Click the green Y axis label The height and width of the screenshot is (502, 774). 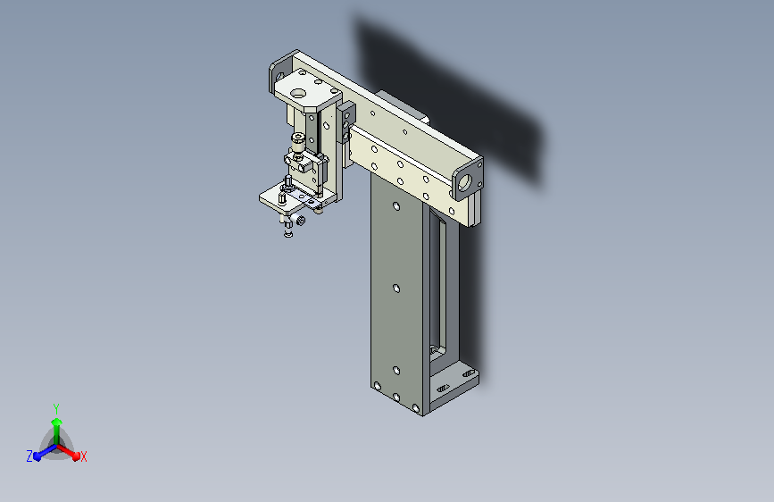coord(56,408)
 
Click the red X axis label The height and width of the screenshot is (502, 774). coord(83,457)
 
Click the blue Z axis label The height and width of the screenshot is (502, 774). coord(29,456)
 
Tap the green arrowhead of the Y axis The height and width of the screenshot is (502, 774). coord(57,422)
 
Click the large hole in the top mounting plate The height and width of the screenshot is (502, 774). coord(298,93)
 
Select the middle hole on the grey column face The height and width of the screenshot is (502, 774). coord(395,288)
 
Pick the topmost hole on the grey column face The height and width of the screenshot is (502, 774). coord(395,206)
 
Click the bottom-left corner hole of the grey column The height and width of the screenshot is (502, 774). coord(378,386)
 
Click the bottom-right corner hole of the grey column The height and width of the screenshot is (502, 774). coord(416,408)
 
